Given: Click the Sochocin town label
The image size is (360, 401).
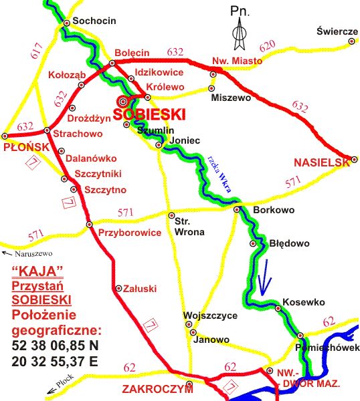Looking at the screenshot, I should pyautogui.click(x=94, y=21).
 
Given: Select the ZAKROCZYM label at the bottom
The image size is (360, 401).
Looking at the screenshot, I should pyautogui.click(x=153, y=389).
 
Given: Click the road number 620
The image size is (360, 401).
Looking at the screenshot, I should pyautogui.click(x=267, y=45).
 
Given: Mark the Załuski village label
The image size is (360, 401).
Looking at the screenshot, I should pyautogui.click(x=141, y=289).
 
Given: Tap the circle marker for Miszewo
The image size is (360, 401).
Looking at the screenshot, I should pyautogui.click(x=212, y=88).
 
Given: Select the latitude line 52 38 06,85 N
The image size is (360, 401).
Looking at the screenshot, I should pyautogui.click(x=55, y=346).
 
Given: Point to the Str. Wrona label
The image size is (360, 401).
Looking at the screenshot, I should pyautogui.click(x=189, y=227).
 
